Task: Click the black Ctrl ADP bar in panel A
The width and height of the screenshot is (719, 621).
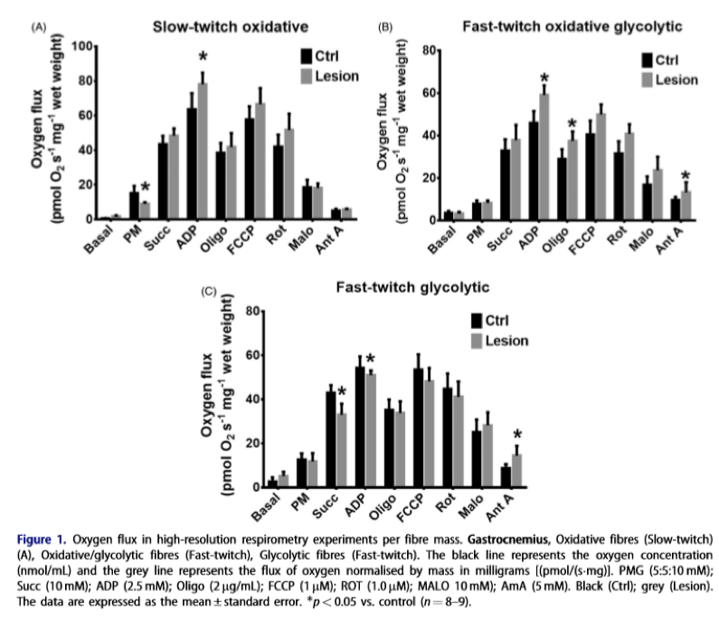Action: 192,164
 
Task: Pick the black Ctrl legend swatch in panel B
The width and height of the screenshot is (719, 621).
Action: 647,61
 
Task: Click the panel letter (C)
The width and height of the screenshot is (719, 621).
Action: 208,292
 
